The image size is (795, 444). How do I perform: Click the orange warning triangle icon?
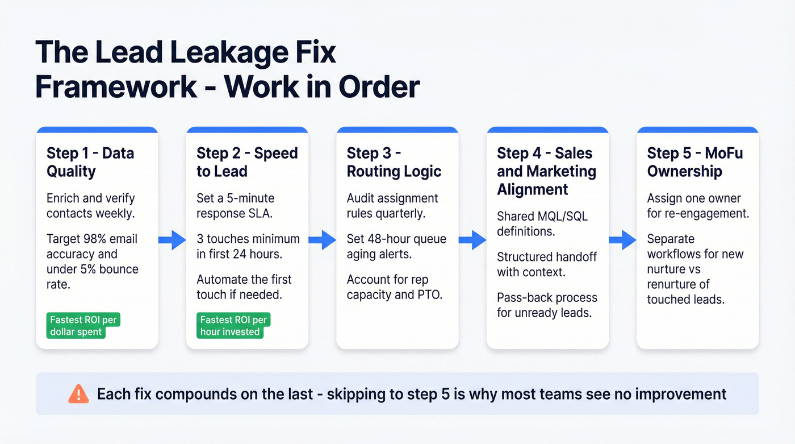coord(78,393)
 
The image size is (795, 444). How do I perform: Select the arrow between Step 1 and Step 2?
coord(172,240)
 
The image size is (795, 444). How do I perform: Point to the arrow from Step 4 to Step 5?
coord(622,240)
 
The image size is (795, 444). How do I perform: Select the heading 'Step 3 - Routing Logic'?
coord(394,162)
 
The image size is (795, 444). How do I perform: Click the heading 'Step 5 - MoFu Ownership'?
coord(695,162)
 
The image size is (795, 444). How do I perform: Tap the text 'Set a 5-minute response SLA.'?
coord(236,206)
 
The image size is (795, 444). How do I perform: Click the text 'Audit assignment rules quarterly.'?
coord(392,206)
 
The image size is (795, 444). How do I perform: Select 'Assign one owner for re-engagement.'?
coord(698,206)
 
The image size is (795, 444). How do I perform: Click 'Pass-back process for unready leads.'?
coord(547,305)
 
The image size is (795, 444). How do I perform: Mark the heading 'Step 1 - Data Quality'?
coord(90,162)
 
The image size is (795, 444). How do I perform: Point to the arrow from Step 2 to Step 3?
coord(322,240)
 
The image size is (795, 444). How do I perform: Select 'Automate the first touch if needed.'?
coord(244,287)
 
